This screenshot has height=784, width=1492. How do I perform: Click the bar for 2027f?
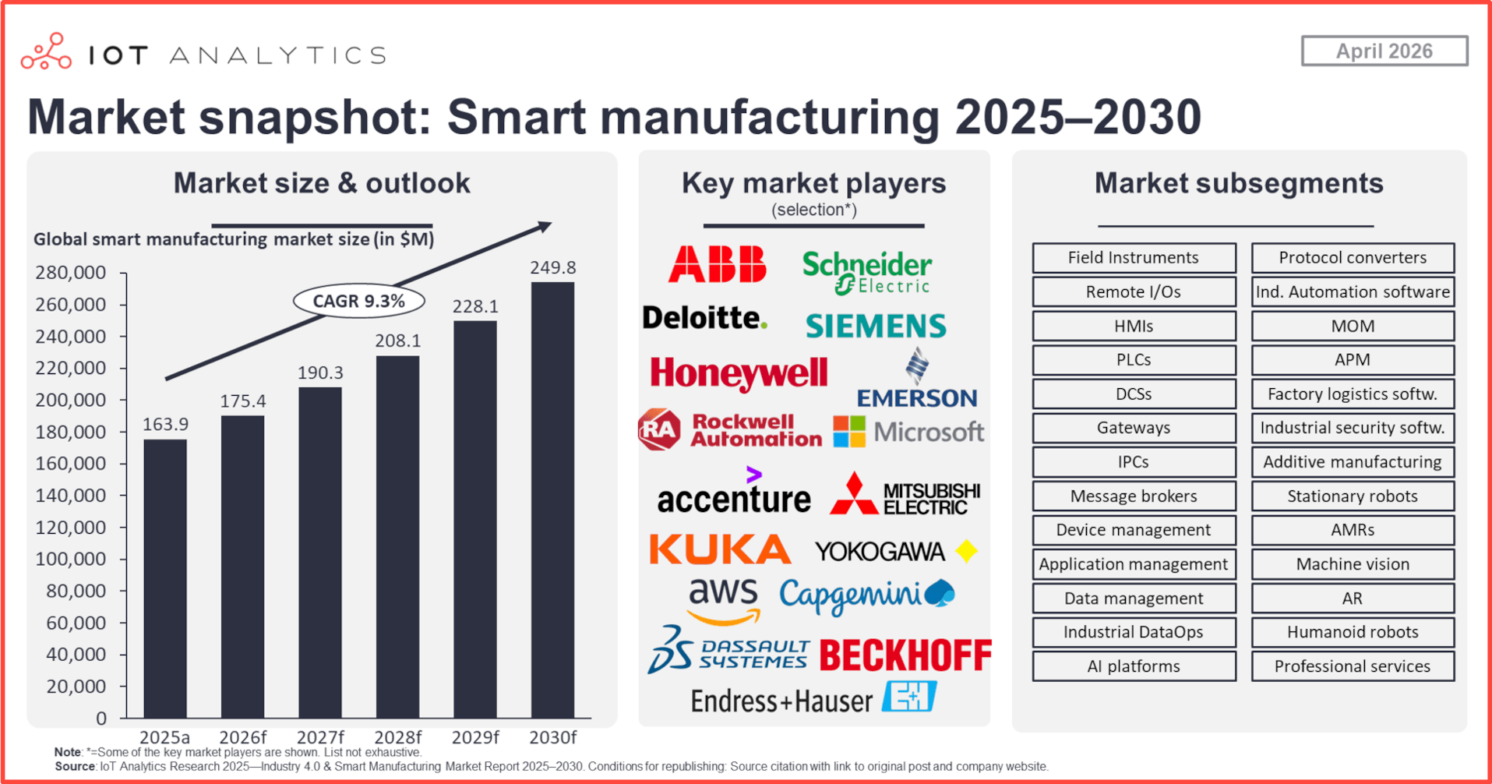tap(320, 553)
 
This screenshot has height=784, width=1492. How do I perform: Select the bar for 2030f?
tap(553, 500)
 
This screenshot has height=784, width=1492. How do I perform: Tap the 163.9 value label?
tap(165, 424)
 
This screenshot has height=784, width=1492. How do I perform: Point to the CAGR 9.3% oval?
tap(359, 301)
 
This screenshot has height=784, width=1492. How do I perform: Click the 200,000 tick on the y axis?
tap(70, 400)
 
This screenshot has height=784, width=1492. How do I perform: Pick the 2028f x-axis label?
tap(397, 737)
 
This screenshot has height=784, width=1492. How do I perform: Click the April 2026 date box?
tap(1384, 51)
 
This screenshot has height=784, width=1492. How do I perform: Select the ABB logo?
tap(717, 263)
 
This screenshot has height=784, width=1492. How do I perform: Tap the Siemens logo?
tap(876, 326)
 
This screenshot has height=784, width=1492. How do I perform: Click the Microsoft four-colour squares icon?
tap(849, 431)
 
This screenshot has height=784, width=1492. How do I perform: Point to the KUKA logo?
tap(720, 549)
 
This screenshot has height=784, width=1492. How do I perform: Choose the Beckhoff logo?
tap(905, 655)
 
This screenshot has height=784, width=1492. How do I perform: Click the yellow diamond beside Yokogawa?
tap(966, 551)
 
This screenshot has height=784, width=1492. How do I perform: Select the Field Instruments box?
tap(1134, 258)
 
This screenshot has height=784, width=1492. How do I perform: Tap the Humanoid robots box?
tap(1353, 632)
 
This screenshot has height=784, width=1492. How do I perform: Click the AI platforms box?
tap(1134, 666)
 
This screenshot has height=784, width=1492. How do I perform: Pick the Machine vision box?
tap(1353, 564)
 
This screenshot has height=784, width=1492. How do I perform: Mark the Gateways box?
tap(1134, 428)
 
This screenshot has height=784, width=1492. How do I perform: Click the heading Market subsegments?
tap(1239, 183)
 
